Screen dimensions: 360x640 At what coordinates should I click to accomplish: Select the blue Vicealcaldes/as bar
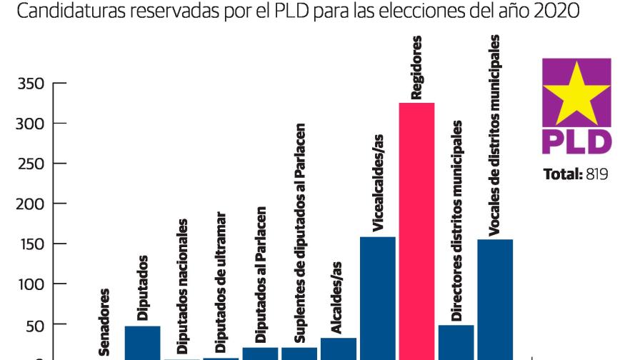(378, 296)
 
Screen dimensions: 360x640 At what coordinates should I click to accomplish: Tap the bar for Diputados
(143, 341)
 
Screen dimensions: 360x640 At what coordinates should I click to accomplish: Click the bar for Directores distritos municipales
(456, 341)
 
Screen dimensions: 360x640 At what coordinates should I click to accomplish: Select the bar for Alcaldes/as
(339, 348)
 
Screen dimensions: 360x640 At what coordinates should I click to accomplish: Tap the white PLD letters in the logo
(576, 140)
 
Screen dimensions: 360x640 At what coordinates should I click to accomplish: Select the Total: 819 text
(576, 174)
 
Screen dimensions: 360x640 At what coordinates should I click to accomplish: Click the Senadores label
(104, 321)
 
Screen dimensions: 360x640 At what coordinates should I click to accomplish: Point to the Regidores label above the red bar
(416, 67)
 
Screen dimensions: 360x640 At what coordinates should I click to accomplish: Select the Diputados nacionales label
(182, 286)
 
